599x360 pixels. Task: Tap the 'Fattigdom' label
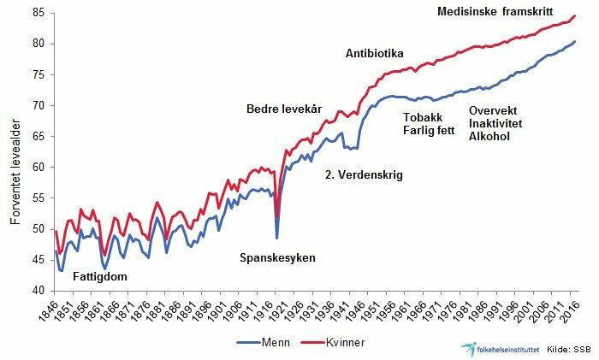pyautogui.click(x=101, y=277)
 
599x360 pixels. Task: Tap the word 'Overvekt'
pyautogui.click(x=496, y=109)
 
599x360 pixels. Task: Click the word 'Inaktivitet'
pyautogui.click(x=499, y=123)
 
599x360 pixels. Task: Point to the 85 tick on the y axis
pyautogui.click(x=39, y=12)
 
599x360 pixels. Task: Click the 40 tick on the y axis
pyautogui.click(x=39, y=291)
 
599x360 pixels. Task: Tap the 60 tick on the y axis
pyautogui.click(x=39, y=167)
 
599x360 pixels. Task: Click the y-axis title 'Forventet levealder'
pyautogui.click(x=15, y=152)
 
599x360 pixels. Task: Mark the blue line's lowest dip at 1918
pyautogui.click(x=276, y=237)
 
